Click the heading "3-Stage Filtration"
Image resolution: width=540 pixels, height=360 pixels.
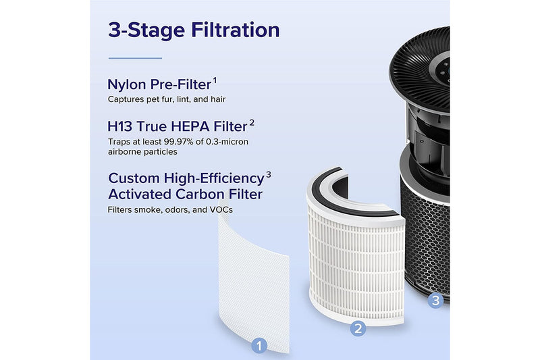(193, 30)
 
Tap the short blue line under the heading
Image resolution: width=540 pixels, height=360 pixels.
(135, 58)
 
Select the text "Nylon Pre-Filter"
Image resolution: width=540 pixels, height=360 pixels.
(159, 85)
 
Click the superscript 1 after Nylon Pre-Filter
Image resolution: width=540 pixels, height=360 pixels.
(215, 80)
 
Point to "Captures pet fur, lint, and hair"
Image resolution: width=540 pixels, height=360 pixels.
(167, 99)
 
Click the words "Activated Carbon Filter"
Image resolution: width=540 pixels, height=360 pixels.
(185, 195)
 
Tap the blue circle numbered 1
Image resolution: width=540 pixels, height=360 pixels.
(260, 345)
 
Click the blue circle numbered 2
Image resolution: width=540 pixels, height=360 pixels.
(359, 329)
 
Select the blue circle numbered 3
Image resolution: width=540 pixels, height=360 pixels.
(435, 301)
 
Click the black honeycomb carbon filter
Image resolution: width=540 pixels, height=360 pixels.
(425, 230)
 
